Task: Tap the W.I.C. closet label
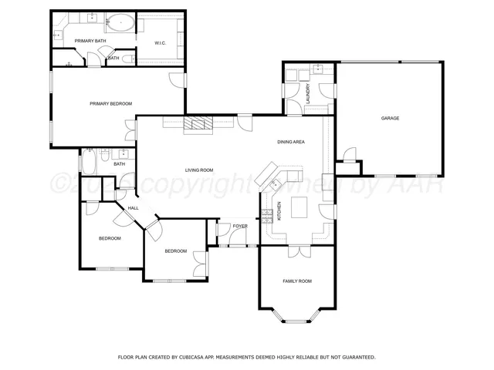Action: click(161, 42)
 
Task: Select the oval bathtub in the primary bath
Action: click(120, 23)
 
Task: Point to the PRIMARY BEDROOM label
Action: click(110, 103)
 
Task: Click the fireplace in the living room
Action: click(199, 123)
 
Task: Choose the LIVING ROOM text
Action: click(198, 170)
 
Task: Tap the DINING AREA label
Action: click(291, 142)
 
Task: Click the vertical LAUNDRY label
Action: click(307, 96)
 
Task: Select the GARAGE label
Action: click(390, 119)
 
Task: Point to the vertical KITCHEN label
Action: click(279, 212)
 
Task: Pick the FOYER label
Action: click(240, 226)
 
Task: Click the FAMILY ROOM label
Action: click(296, 281)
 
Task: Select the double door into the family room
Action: click(297, 251)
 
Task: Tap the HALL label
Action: click(133, 208)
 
